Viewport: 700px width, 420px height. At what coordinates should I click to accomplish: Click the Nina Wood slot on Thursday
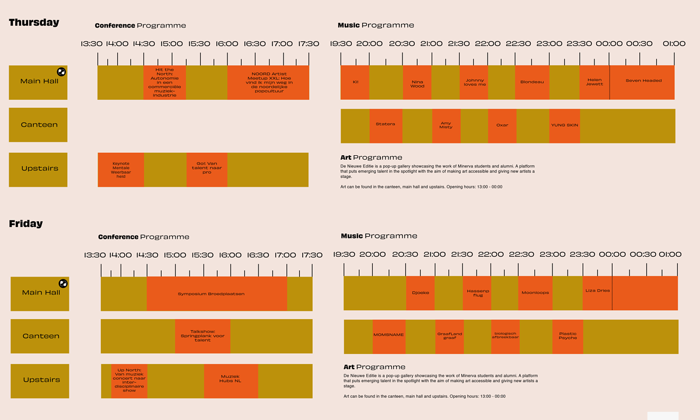point(417,82)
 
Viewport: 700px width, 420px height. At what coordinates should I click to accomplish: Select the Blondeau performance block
point(532,82)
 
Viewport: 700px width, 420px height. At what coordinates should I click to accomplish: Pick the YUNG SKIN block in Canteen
point(564,125)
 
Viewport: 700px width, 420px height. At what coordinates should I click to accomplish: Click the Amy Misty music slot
point(446,125)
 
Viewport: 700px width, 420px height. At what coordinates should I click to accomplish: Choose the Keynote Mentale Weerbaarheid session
point(121,170)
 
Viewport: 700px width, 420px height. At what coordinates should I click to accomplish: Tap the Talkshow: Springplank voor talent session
point(202,336)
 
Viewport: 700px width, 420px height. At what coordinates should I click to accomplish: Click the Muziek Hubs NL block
point(230,380)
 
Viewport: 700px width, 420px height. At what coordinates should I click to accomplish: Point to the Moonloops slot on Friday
point(535,293)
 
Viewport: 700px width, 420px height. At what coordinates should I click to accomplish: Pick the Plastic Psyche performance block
point(567,337)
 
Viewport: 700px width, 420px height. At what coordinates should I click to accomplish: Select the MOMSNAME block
point(388,337)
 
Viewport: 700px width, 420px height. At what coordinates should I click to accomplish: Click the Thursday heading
point(34,23)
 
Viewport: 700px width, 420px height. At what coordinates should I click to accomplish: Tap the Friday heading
point(26,223)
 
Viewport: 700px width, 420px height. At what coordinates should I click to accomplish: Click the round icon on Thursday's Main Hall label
point(61,72)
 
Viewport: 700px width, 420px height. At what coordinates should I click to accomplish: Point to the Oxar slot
point(502,125)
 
